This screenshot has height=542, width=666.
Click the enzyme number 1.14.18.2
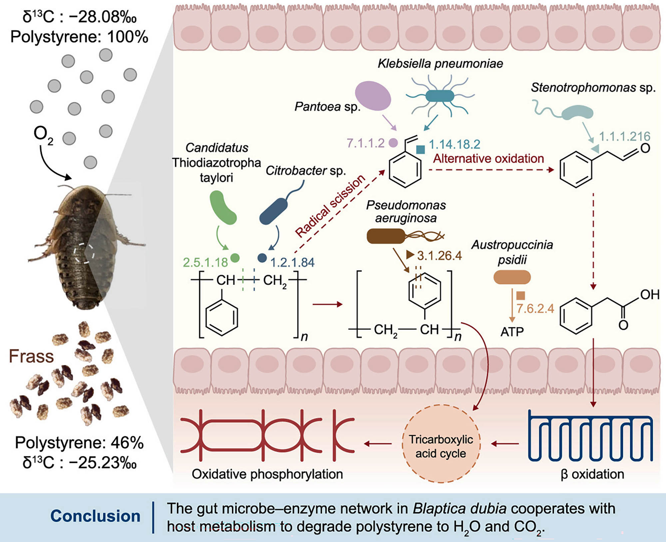[455, 144]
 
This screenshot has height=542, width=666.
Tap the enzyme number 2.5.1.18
[205, 262]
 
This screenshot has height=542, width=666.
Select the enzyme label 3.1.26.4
[439, 256]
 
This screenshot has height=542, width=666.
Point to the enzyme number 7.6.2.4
[535, 309]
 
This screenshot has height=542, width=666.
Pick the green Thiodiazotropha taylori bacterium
[223, 207]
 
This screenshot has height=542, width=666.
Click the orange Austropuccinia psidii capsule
[512, 277]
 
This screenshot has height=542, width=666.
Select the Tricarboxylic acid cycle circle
[441, 443]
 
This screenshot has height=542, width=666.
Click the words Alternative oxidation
[488, 158]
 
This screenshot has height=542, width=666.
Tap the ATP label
[512, 332]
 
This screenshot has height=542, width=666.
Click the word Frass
[31, 356]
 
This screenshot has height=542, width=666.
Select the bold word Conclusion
[95, 516]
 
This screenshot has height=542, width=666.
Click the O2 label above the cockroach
[43, 134]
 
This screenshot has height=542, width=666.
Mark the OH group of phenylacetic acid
[649, 295]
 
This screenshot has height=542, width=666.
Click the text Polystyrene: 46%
[79, 443]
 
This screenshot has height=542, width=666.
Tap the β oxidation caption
[592, 474]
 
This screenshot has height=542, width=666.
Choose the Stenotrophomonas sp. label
[593, 88]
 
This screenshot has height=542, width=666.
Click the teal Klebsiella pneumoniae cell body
[440, 96]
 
